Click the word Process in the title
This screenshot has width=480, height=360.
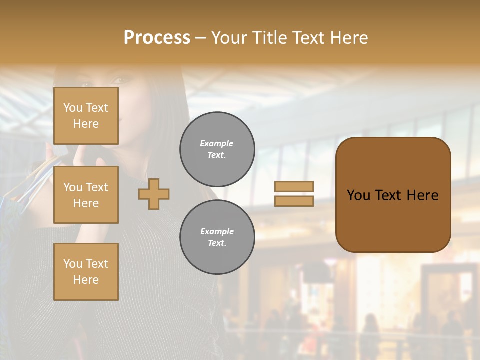[x=157, y=38]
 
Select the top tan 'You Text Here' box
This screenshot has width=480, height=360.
[x=86, y=116]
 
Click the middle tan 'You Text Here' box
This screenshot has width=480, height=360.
[x=86, y=195]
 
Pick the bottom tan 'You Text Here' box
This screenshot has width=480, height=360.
[x=86, y=272]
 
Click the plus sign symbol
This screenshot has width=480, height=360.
[x=154, y=194]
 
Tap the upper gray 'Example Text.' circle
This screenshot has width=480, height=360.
[x=217, y=149]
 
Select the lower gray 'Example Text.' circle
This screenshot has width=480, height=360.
[x=217, y=237]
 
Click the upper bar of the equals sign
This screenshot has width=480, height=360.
[x=294, y=186]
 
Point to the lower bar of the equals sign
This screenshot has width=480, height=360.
[x=294, y=201]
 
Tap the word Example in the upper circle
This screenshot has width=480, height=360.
[x=217, y=143]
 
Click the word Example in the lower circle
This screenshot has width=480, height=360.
[x=217, y=231]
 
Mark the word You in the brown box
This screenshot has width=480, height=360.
[x=358, y=195]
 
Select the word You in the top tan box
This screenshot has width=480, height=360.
[x=73, y=108]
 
